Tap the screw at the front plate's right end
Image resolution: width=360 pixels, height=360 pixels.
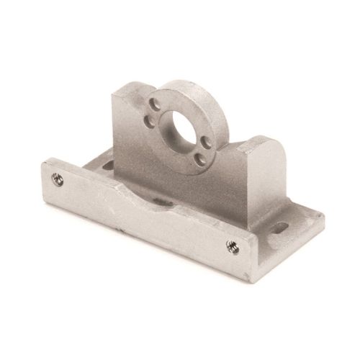[232, 246]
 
